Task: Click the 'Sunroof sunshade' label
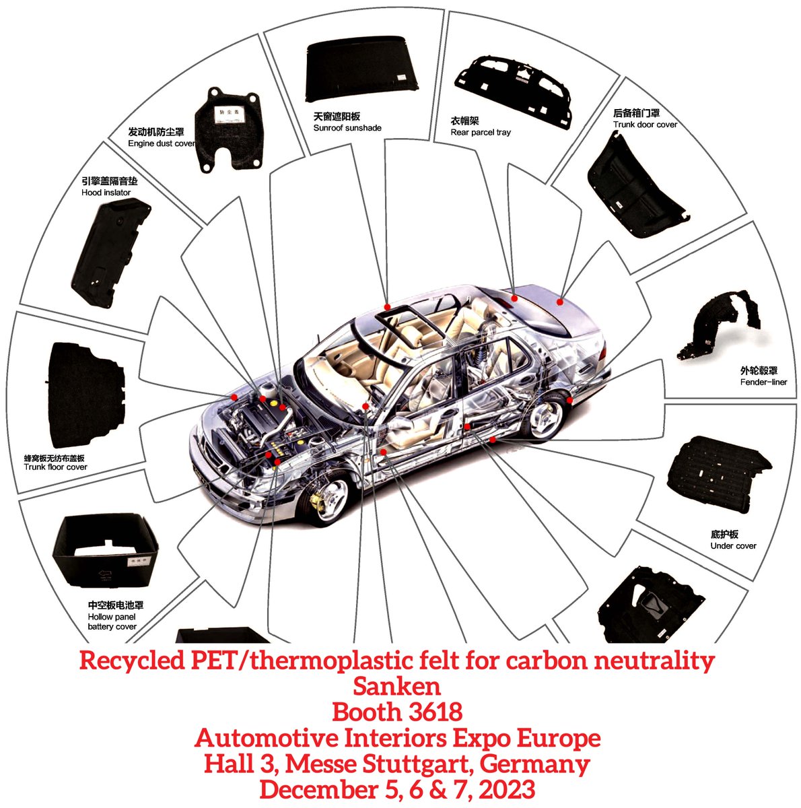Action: click(347, 128)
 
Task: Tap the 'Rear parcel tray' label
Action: click(481, 133)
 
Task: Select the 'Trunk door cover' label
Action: click(645, 125)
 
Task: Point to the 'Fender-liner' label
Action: click(763, 382)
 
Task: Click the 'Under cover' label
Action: click(733, 545)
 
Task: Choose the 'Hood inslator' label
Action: click(106, 193)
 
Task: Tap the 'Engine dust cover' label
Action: click(162, 143)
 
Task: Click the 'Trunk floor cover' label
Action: click(56, 467)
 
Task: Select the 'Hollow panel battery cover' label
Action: click(112, 621)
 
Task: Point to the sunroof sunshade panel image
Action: click(362, 70)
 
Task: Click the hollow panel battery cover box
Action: click(105, 552)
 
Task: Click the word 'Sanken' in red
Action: click(397, 686)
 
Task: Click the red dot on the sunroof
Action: click(387, 307)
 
